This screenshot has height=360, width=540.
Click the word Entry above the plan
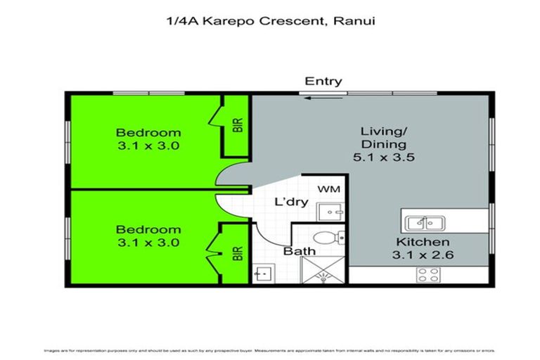pos(323,81)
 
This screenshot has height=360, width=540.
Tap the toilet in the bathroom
pos(328,237)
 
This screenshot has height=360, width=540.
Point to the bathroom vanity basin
pos(264,273)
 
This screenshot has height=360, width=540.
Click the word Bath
pos(299,251)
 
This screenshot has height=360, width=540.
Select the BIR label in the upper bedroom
pos(238,126)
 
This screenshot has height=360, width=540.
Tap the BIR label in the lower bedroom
pos(238,252)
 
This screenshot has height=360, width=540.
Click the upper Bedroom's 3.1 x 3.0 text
pos(148,146)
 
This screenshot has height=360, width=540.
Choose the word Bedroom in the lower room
pos(148,230)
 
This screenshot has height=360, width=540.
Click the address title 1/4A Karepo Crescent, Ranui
pos(269,22)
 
